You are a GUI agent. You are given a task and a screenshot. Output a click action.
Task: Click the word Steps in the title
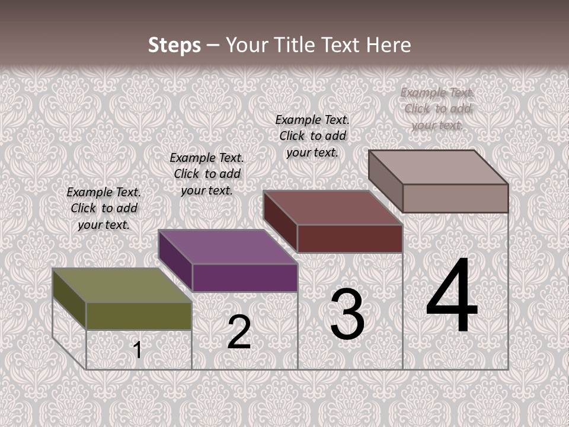[174, 45]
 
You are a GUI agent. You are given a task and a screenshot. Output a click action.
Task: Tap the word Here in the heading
[388, 45]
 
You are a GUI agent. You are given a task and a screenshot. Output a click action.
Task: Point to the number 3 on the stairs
[347, 314]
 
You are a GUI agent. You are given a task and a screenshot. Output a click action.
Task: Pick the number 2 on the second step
[239, 332]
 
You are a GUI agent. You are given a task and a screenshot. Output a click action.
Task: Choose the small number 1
[138, 350]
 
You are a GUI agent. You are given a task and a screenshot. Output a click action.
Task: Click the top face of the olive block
[122, 285]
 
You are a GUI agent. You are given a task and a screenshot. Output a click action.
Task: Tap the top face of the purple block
[228, 247]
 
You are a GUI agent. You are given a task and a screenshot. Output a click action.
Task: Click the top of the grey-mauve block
[439, 167]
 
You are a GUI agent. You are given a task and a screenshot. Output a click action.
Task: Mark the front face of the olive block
[139, 316]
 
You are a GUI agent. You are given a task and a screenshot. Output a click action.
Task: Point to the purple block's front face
[245, 278]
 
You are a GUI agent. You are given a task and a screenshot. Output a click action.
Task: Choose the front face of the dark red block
[350, 238]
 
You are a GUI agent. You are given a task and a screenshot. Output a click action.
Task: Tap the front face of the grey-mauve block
[455, 198]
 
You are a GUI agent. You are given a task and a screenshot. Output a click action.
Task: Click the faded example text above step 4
[437, 109]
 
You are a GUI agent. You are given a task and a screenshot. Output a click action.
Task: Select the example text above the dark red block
[312, 136]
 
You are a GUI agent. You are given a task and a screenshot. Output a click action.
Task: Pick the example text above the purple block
[207, 174]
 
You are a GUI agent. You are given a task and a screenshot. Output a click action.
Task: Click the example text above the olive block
[104, 208]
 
